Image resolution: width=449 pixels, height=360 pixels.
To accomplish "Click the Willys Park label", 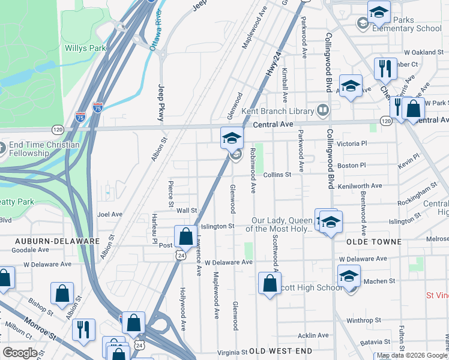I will click(85, 48).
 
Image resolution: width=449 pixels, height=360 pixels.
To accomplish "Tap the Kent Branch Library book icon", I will click(323, 110).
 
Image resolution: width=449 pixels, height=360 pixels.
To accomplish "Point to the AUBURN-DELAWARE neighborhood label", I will click(58, 241).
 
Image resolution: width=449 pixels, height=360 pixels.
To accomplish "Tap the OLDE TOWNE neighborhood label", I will click(374, 241).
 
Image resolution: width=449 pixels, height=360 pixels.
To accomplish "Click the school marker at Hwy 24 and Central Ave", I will click(232, 139).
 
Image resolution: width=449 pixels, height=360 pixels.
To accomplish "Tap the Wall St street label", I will click(187, 211).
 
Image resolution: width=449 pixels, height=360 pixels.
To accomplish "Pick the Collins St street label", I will click(277, 175).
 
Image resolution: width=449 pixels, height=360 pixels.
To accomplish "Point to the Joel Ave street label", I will click(110, 214).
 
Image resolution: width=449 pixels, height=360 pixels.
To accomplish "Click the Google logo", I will click(20, 353).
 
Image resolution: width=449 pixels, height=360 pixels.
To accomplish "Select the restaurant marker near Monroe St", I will click(83, 329).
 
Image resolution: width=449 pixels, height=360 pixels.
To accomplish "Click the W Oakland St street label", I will click(423, 53).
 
